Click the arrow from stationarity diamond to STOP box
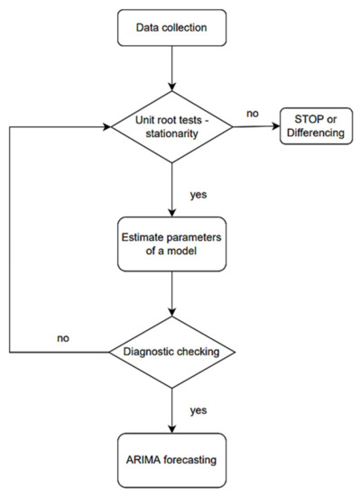[257, 127]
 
